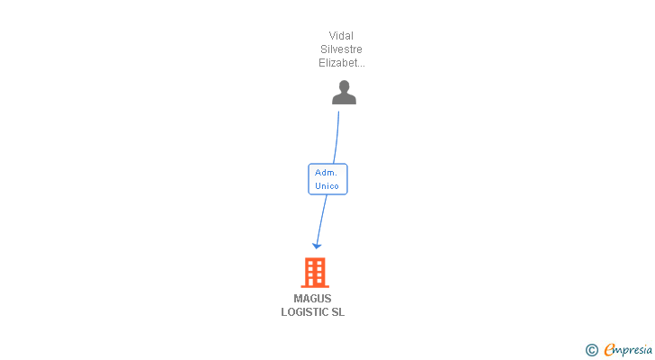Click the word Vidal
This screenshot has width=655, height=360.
click(341, 36)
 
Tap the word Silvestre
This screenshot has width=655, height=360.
click(341, 49)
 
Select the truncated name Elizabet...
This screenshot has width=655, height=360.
click(341, 63)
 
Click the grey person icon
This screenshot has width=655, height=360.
click(344, 93)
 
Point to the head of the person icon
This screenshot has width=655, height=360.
click(345, 86)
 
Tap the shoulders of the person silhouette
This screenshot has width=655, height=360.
click(344, 99)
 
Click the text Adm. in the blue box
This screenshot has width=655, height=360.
click(326, 173)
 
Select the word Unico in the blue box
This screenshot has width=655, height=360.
click(327, 185)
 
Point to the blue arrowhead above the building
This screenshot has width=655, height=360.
click(317, 246)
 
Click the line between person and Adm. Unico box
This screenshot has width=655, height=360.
click(336, 138)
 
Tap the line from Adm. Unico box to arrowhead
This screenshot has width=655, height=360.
click(322, 220)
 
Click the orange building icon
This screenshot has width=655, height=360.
click(315, 273)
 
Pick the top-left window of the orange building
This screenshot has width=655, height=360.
click(310, 263)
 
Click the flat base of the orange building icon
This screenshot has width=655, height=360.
click(315, 286)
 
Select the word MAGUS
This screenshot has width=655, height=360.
click(312, 299)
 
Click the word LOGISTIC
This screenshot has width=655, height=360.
click(304, 312)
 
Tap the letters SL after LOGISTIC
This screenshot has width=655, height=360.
click(338, 312)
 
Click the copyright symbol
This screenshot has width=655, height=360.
click(591, 350)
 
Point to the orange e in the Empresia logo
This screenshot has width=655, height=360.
click(609, 349)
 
